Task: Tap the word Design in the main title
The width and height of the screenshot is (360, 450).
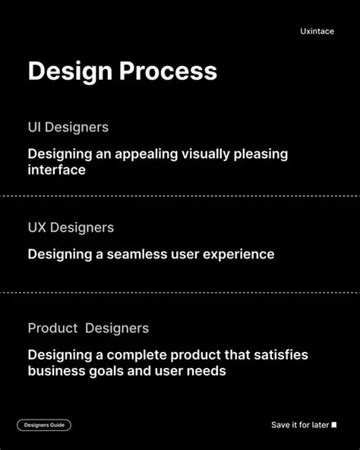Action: tap(69, 71)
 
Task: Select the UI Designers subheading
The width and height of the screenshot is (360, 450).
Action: tap(68, 127)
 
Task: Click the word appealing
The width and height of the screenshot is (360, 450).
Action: tap(146, 154)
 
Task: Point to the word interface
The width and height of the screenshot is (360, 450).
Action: tap(57, 170)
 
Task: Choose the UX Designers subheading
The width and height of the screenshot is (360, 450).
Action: tap(71, 227)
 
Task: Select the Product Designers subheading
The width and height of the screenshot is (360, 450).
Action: tap(88, 328)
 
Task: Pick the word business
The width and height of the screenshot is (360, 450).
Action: tap(56, 372)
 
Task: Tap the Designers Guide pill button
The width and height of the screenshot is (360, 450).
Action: tap(44, 425)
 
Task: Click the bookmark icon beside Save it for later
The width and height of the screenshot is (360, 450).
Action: tap(334, 425)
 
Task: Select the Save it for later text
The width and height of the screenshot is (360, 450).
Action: tap(300, 425)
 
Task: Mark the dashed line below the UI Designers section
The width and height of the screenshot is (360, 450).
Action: tap(180, 196)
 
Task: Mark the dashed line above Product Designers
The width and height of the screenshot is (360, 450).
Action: tap(180, 293)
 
